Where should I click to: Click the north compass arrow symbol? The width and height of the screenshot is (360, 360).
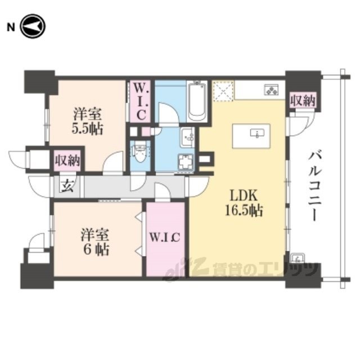[33, 26]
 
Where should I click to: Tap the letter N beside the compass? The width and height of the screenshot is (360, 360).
[11, 28]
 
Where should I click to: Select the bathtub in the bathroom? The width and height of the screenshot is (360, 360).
[197, 101]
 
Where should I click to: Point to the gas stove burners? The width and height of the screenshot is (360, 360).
[272, 89]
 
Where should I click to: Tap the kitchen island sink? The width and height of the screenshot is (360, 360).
[258, 133]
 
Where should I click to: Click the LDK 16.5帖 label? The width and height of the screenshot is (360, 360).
[244, 203]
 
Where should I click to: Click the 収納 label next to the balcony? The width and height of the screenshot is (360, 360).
[303, 100]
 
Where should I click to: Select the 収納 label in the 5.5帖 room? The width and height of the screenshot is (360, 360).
[67, 160]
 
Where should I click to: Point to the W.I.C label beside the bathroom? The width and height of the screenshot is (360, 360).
[140, 101]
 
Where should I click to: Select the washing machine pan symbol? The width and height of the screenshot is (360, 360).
[186, 161]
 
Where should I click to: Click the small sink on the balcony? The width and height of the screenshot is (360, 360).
[298, 258]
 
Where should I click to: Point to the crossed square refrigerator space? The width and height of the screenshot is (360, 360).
[223, 91]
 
